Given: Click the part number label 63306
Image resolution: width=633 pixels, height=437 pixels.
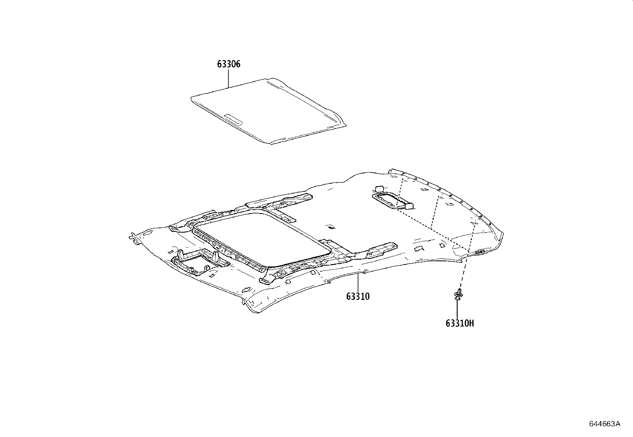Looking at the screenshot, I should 229,64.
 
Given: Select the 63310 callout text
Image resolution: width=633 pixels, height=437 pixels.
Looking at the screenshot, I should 357,296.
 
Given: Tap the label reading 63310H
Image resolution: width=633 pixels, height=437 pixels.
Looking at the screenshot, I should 460,323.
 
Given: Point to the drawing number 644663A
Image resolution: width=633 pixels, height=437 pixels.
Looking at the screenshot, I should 604,423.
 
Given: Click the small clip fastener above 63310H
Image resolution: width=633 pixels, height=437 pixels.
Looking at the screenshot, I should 458,295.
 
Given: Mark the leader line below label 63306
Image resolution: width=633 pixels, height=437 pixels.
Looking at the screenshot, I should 229,78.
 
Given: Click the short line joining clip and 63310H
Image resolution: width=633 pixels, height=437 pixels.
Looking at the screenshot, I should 458,308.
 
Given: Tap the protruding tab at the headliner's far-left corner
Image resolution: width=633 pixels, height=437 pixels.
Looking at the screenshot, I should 132,237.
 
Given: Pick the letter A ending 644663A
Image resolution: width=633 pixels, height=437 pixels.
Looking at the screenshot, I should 617,423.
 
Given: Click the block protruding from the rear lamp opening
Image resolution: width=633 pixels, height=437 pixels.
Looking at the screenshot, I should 407,204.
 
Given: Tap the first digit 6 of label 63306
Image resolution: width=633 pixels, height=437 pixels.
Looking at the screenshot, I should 219,64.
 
